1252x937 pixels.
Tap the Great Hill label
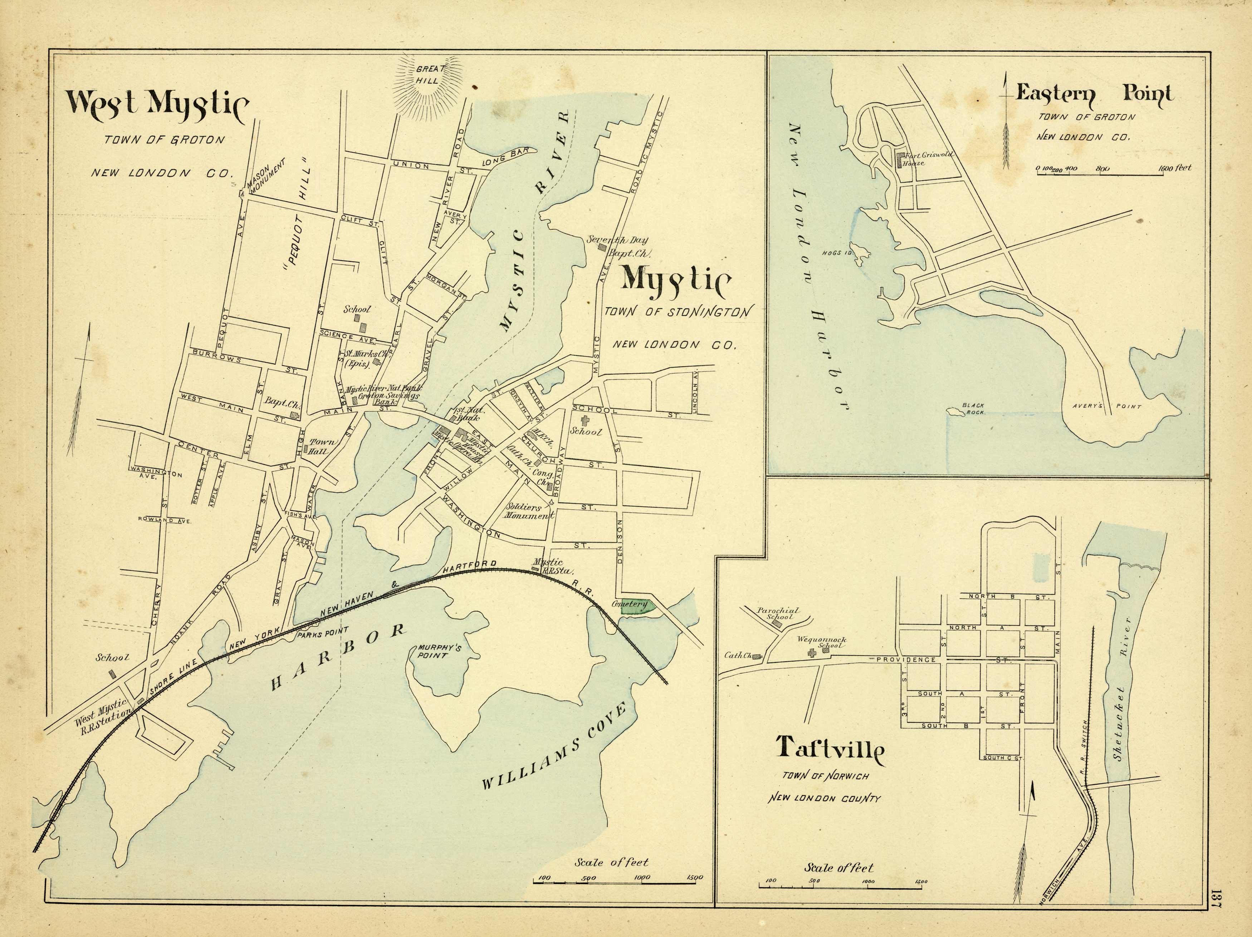430,74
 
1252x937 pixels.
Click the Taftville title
830,747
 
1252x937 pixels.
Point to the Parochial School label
778,613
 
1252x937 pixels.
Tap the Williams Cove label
555,747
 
